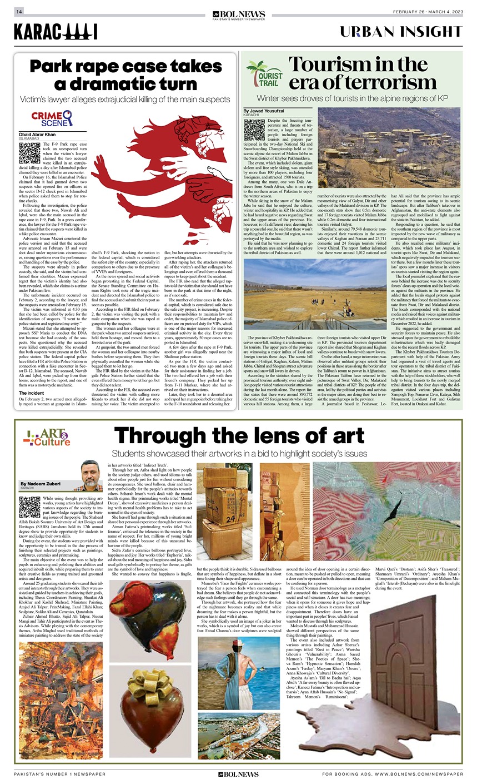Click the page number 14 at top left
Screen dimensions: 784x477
pyautogui.click(x=19, y=12)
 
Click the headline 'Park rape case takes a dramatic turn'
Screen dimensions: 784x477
pyautogui.click(x=126, y=75)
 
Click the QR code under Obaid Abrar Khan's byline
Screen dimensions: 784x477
pyautogui.click(x=29, y=152)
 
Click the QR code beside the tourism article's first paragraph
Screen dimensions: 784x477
pyautogui.click(x=254, y=129)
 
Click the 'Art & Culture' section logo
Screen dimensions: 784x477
pyautogui.click(x=46, y=438)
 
